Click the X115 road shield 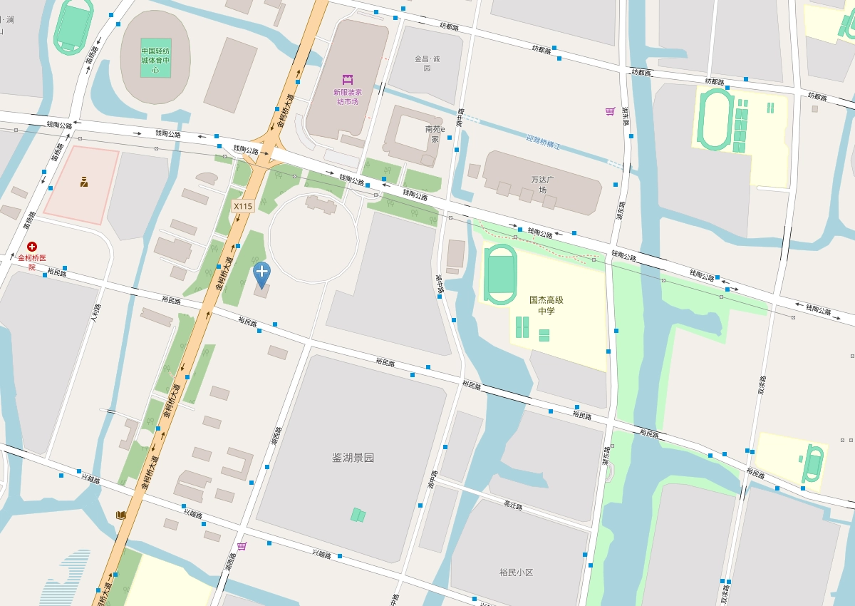pyautogui.click(x=243, y=206)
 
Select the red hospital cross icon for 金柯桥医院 pyautogui.click(x=32, y=246)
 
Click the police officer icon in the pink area pyautogui.click(x=84, y=182)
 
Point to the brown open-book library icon pyautogui.click(x=121, y=515)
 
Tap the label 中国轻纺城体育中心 pyautogui.click(x=155, y=61)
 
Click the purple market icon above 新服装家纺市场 pyautogui.click(x=348, y=78)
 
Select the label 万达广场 pyautogui.click(x=542, y=185)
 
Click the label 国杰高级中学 pyautogui.click(x=546, y=306)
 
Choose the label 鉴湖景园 pyautogui.click(x=353, y=458)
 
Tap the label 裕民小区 pyautogui.click(x=516, y=572)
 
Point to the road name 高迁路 pyautogui.click(x=513, y=506)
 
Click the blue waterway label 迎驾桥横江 pyautogui.click(x=544, y=142)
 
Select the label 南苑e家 pyautogui.click(x=435, y=134)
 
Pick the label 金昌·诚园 pyautogui.click(x=427, y=63)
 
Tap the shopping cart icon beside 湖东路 pyautogui.click(x=610, y=111)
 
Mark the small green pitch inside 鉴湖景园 pyautogui.click(x=358, y=515)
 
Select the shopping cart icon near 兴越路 pyautogui.click(x=242, y=546)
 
